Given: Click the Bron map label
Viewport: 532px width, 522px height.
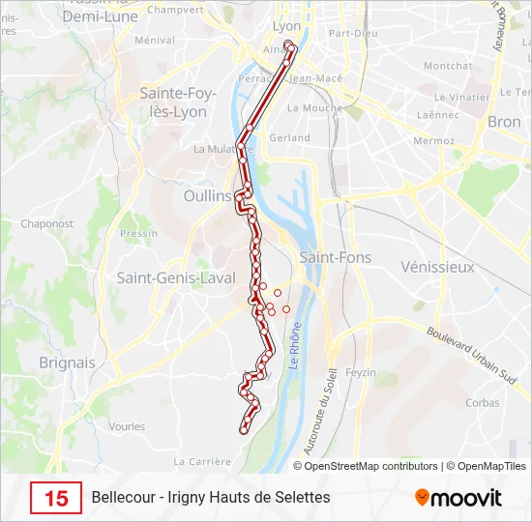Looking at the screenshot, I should (504, 122).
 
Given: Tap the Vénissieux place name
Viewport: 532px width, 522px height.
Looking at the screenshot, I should (437, 266).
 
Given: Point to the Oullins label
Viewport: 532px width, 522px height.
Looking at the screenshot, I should (207, 195).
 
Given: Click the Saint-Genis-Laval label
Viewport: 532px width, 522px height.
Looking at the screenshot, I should (176, 277).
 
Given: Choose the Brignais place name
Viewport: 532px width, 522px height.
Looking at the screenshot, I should (67, 362).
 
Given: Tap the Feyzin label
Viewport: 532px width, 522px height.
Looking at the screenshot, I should (361, 372).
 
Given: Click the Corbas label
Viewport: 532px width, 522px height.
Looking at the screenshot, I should (482, 403).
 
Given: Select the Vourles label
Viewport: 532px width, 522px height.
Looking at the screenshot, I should (128, 426).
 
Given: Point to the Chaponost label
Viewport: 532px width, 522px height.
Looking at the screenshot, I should (47, 223).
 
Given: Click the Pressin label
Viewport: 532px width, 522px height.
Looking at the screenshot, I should (139, 234).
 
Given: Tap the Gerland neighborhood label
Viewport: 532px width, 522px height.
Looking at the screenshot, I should (290, 138).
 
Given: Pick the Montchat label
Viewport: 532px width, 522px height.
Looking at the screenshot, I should (448, 66).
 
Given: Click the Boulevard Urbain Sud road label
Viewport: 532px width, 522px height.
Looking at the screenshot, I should (469, 355).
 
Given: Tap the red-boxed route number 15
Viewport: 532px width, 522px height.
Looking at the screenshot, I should (56, 498).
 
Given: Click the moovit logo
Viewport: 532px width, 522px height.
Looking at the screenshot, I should (458, 498).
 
